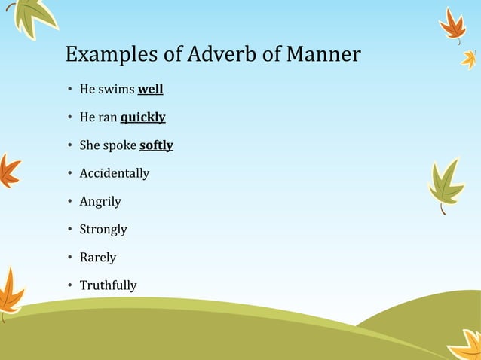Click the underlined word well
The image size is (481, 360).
pyautogui.click(x=150, y=90)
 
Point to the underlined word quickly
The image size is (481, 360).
pyautogui.click(x=142, y=117)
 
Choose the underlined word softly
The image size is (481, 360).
pyautogui.click(x=156, y=145)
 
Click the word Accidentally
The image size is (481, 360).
pyautogui.click(x=115, y=173)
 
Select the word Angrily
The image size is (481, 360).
pyautogui.click(x=100, y=201)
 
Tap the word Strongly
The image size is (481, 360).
pyautogui.click(x=103, y=229)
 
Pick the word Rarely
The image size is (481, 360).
pyautogui.click(x=98, y=257)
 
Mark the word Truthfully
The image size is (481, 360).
pyautogui.click(x=108, y=285)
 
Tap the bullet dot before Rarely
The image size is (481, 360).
pyautogui.click(x=69, y=258)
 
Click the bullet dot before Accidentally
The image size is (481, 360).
pyautogui.click(x=69, y=174)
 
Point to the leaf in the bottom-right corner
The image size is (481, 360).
pyautogui.click(x=466, y=345)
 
